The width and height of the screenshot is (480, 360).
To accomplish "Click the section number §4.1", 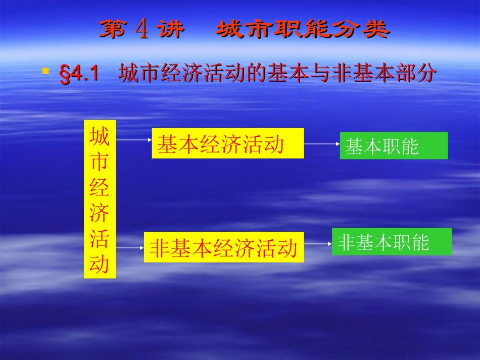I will click(78, 75).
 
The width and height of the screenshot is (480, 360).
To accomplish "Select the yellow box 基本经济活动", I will click(228, 143).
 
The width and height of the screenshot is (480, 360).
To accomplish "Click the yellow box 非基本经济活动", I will click(224, 247).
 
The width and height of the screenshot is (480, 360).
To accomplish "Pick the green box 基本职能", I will click(394, 145).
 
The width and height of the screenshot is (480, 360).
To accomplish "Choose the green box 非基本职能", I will click(392, 242).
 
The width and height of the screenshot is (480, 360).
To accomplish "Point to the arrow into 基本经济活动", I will click(134, 140).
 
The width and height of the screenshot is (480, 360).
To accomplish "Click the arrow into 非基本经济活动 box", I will click(130, 248).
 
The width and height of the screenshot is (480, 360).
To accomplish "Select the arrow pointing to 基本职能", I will click(322, 144).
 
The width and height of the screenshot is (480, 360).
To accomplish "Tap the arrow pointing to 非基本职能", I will click(318, 244).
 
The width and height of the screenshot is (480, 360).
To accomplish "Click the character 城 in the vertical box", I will click(100, 136).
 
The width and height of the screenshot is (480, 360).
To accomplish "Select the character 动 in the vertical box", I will click(100, 265).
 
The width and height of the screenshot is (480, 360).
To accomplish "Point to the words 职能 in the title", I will click(303, 30).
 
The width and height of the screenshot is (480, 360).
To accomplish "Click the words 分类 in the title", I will click(361, 30).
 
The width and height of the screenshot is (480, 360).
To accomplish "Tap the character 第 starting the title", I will click(112, 30).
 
